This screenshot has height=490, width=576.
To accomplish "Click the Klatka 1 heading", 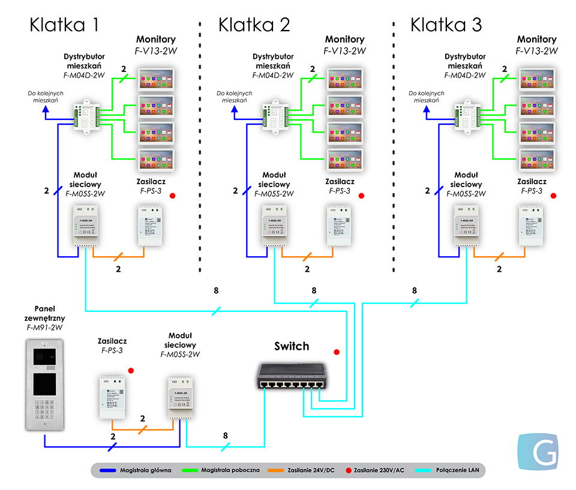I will coord(64,25).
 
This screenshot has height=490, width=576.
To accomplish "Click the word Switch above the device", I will coord(292,346).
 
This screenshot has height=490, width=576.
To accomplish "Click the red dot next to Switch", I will coord(336,352).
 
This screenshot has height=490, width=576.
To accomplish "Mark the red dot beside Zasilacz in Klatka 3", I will coord(553,196).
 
